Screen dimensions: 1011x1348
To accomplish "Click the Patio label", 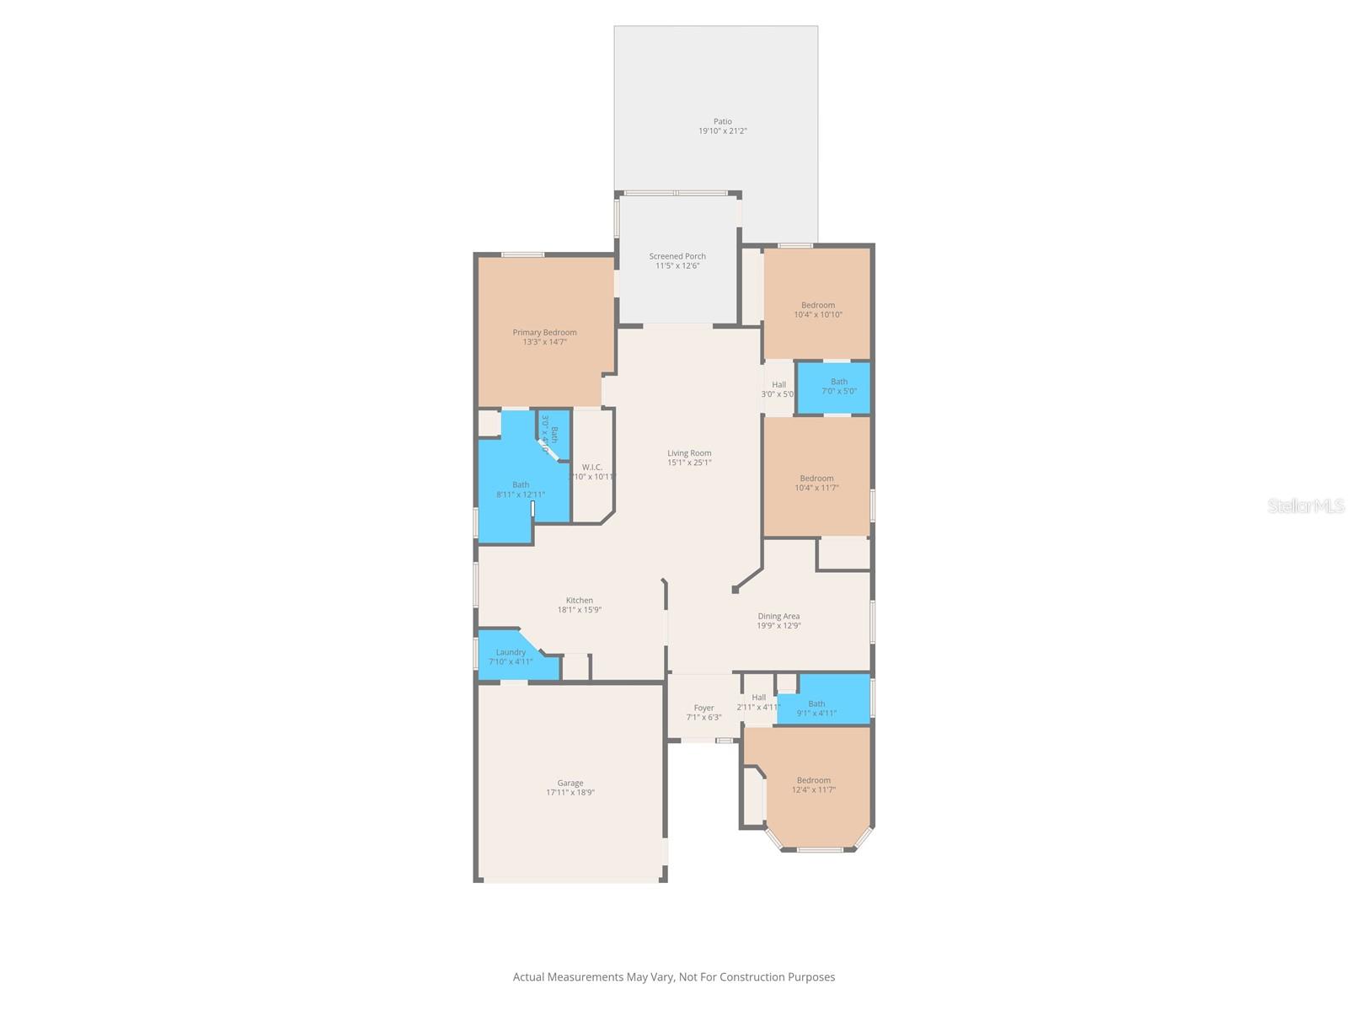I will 723,121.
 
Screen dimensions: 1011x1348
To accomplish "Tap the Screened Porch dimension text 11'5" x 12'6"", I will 677,266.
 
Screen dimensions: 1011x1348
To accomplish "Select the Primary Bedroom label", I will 544,332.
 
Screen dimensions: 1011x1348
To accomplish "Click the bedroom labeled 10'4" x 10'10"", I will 817,310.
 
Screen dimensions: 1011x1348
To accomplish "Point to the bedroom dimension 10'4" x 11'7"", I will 816,488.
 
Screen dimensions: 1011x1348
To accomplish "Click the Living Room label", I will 689,453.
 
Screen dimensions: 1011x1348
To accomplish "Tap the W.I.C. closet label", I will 591,468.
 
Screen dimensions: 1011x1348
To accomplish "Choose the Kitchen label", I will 579,601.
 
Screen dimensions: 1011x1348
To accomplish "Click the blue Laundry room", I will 511,656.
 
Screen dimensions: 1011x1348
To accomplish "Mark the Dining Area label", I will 778,617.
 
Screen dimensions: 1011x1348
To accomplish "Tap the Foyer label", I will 703,708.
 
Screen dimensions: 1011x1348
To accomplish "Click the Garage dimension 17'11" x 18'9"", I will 570,793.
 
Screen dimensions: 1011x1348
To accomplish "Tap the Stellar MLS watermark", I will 1306,505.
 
